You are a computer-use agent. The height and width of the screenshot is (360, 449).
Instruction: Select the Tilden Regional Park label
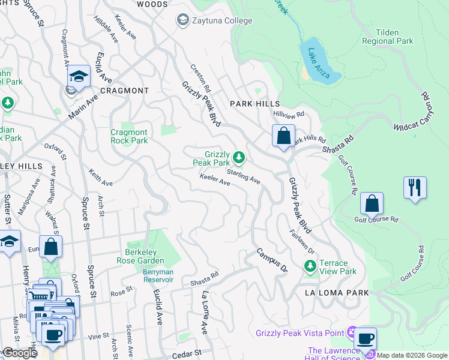coord(387,37)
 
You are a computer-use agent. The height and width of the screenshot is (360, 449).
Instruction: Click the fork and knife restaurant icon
coord(415,187)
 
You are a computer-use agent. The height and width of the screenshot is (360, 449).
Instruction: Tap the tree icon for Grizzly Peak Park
coord(239,158)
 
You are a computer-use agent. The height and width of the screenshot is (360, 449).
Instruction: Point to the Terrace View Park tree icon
coord(310,265)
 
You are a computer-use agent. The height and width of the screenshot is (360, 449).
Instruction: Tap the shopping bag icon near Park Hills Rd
coord(283,136)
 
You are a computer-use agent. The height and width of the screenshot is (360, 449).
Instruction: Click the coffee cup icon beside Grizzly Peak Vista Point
coord(364,338)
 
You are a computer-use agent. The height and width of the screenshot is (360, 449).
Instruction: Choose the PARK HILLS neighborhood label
coord(255,104)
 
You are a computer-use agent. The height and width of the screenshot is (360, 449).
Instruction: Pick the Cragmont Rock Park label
coord(129,136)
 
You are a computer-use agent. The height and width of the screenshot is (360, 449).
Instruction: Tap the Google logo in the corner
coord(20,353)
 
